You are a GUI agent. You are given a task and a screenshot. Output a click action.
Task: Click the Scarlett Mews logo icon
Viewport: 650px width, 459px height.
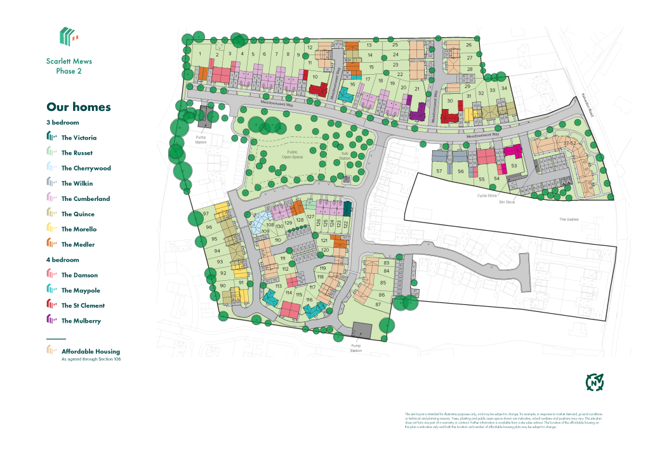click(69, 36)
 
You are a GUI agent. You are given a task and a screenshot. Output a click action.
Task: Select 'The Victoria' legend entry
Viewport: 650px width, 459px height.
click(79, 138)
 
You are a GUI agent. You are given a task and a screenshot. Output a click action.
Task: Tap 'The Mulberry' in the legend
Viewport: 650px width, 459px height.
click(81, 321)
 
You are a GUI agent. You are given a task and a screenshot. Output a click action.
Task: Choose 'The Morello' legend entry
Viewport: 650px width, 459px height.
click(79, 229)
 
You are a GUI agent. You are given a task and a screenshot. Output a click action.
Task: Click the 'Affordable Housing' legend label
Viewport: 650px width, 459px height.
click(90, 351)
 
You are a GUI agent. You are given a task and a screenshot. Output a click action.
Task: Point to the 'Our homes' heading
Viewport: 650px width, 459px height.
click(79, 107)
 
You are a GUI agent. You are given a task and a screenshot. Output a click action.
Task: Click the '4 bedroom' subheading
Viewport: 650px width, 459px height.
click(63, 260)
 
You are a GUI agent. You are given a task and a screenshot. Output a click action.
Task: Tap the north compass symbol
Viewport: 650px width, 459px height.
click(594, 382)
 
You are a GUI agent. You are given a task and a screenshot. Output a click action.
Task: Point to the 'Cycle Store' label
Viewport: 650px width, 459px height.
click(487, 195)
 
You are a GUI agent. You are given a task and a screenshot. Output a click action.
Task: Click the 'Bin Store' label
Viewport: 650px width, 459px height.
click(507, 202)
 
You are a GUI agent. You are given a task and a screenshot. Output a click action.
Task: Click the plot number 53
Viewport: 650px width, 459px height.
click(514, 166)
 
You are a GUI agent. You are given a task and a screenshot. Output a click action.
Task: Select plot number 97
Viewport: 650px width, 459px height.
click(206, 214)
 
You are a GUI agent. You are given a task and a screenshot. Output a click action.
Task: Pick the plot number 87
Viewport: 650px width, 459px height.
click(378, 305)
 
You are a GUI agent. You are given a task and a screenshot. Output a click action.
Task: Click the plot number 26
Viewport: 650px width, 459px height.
click(468, 45)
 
